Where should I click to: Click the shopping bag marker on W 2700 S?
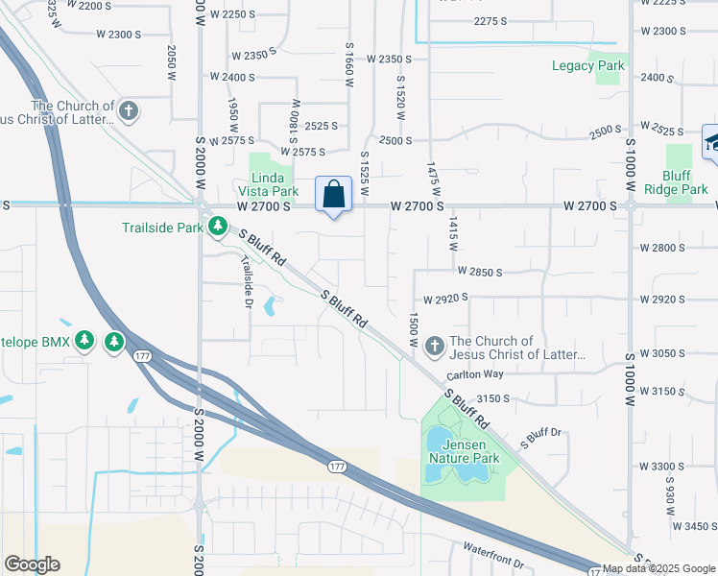tap(333, 194)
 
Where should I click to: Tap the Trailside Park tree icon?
tap(219, 228)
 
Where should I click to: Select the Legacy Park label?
tap(588, 66)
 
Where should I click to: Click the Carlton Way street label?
tap(475, 374)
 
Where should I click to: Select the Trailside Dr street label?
tap(247, 281)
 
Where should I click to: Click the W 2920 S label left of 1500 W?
tap(443, 298)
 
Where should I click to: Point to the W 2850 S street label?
tap(480, 273)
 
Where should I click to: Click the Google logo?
tap(32, 564)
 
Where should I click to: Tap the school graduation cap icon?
tap(711, 142)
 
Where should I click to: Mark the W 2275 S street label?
tap(497, 21)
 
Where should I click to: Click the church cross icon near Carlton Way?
tap(434, 346)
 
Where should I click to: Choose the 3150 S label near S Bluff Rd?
tap(491, 398)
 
